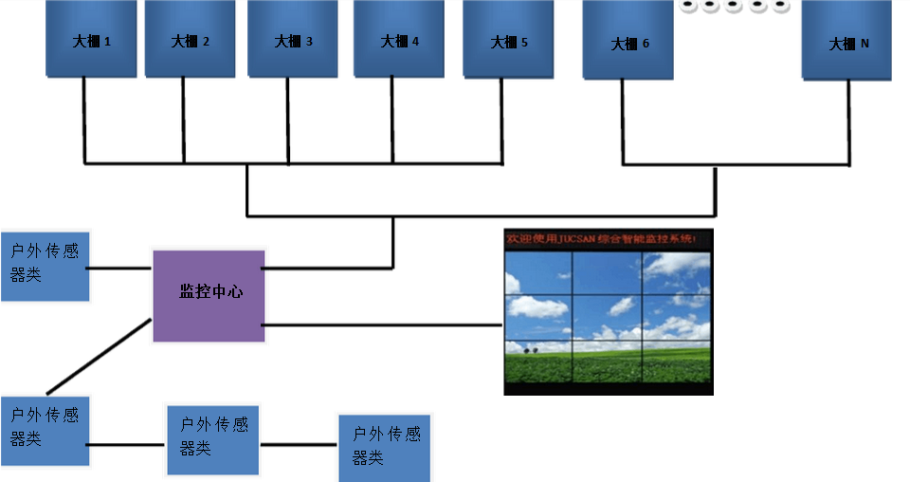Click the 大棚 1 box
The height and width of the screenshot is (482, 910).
pos(91,39)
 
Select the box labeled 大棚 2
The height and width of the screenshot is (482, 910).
pos(190,39)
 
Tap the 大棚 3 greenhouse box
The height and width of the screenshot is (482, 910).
pos(293,39)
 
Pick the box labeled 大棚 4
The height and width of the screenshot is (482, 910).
pos(399,39)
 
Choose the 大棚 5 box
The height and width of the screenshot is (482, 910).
pos(508,40)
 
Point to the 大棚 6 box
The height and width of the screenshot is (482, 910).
pos(628,41)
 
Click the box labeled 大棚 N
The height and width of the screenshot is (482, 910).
pos(846,41)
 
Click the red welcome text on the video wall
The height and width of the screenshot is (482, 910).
pos(607,241)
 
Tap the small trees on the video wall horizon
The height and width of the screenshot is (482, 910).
pos(528,350)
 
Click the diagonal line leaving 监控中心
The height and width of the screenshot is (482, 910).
pos(100,356)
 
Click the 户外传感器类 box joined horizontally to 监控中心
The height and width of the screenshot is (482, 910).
pos(45,267)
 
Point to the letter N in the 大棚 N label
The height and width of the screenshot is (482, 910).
pos(864,44)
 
